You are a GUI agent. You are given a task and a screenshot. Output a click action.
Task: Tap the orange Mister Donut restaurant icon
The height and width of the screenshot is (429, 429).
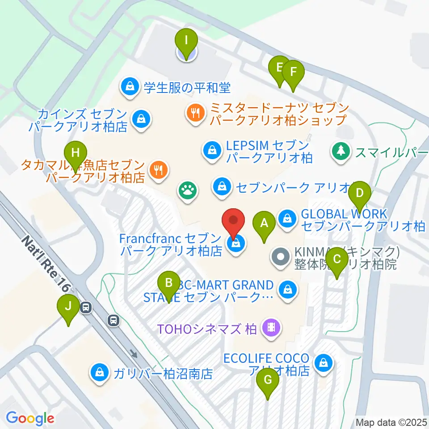click(x=195, y=112)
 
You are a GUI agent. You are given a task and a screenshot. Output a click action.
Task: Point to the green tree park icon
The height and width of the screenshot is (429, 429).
click(x=341, y=151)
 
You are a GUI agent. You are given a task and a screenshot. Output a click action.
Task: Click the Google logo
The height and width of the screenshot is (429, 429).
click(x=30, y=419)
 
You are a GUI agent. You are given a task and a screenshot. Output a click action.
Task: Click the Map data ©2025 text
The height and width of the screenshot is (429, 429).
click(x=391, y=422)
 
